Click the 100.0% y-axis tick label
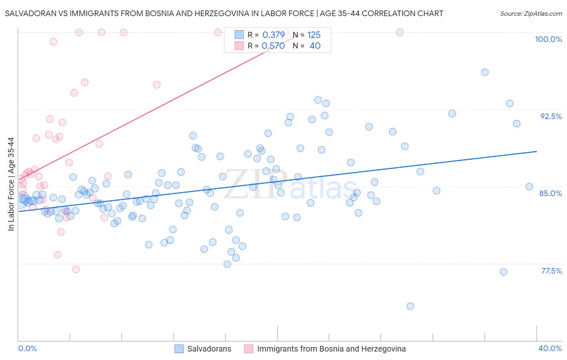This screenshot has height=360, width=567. coord(548,39)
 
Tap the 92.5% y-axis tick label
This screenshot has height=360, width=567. coord(551,116)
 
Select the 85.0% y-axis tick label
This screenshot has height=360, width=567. coord(550,193)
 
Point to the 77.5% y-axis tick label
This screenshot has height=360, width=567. coord(551,271)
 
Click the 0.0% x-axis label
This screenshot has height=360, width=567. coord(27,348)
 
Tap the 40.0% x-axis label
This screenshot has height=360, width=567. coord(550,348)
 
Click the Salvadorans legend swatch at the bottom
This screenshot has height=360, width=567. coord(179,349)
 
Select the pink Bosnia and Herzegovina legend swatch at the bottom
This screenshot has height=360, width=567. coord(249,349)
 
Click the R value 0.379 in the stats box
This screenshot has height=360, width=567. coord(273,35)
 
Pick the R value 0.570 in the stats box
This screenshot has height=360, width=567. coord(273,46)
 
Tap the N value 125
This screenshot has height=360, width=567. coord(314,35)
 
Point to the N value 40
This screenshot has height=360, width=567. coord(315,46)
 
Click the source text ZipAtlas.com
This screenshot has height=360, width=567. coord(531,13)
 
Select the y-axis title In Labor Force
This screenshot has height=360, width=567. coord(11,184)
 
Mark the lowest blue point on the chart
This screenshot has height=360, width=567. coord(410,306)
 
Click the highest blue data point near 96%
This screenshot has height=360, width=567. coord(485,72)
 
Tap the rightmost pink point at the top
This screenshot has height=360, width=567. coord(400,32)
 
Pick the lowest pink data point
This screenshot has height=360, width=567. coord(76,269)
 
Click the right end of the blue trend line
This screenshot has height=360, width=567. coord(536,151)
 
